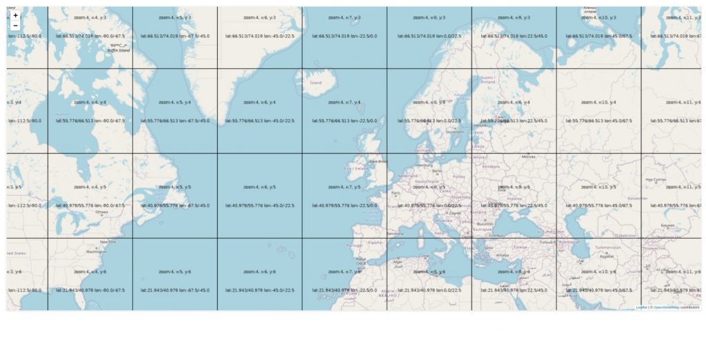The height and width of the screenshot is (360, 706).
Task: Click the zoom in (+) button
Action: pyautogui.click(x=16, y=15)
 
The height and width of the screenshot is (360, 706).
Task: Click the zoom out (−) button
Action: pyautogui.click(x=16, y=26)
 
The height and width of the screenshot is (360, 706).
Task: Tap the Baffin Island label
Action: pyautogui.click(x=118, y=50)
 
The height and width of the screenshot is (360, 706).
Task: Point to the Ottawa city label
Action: pyautogui.click(x=101, y=212)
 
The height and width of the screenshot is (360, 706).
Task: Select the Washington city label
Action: pyautogui.click(x=97, y=252)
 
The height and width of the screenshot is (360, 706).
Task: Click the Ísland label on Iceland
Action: pyautogui.click(x=316, y=83)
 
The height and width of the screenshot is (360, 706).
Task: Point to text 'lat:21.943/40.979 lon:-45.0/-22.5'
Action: pyautogui.click(x=260, y=290)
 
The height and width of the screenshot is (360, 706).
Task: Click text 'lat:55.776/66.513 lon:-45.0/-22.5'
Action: pyautogui.click(x=260, y=121)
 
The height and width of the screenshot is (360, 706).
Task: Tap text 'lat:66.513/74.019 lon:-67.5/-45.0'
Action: pyautogui.click(x=175, y=35)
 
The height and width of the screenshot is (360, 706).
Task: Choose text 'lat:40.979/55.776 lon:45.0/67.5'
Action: pyautogui.click(x=599, y=206)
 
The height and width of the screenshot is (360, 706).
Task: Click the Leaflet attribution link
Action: pyautogui.click(x=641, y=308)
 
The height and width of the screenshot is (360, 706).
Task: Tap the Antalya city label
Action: pyautogui.click(x=502, y=255)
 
